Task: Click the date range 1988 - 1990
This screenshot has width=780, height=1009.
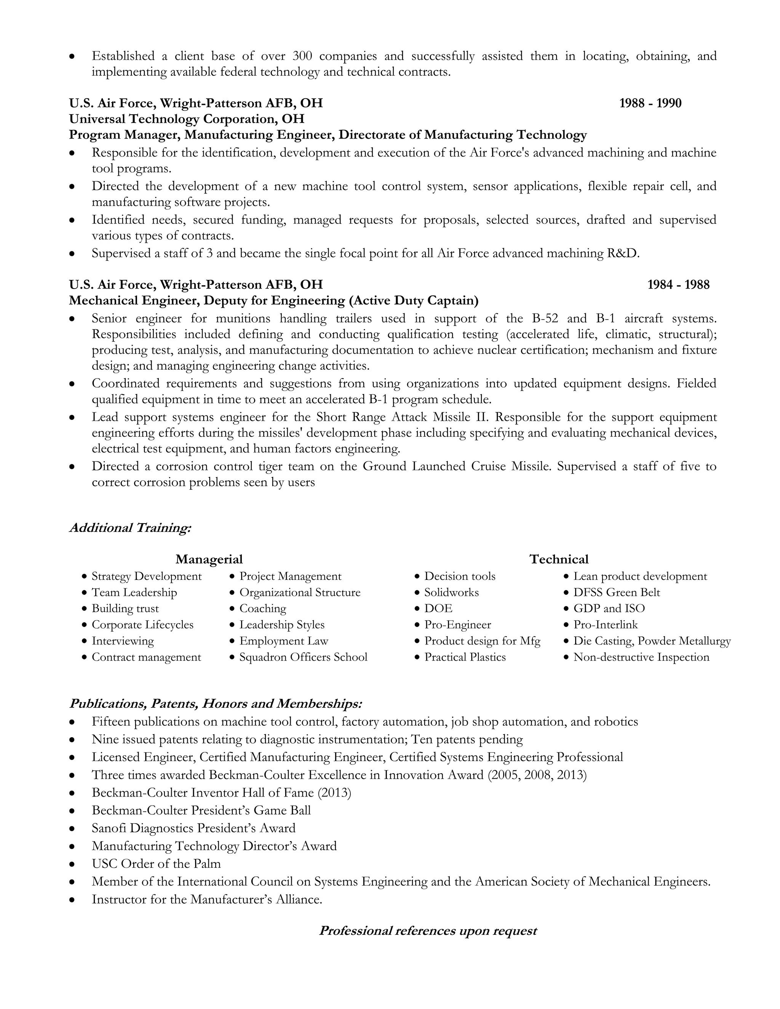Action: point(650,103)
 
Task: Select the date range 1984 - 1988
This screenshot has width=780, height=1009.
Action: point(678,284)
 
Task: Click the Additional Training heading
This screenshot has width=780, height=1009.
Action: point(130,528)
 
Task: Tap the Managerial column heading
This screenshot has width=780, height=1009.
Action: point(209,559)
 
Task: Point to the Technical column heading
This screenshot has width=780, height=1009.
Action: point(559,559)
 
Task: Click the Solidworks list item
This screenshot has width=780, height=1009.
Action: point(451,592)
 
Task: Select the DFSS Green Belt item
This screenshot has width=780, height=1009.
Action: point(617,592)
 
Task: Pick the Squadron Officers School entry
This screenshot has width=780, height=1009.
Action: point(303,657)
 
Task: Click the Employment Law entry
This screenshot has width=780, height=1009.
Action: point(283,641)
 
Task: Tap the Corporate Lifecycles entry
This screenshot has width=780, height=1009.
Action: point(142,624)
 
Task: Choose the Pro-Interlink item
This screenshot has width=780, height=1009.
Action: point(605,624)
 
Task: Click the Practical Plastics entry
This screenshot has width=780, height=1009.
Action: point(465,657)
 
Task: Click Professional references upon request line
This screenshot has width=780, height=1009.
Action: point(428,931)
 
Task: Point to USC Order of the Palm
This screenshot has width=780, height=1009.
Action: point(156,864)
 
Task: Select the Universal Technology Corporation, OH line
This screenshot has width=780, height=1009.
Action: point(187,119)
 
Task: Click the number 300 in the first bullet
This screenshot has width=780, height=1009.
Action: point(302,56)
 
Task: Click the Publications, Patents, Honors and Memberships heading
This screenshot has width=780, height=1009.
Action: point(215,704)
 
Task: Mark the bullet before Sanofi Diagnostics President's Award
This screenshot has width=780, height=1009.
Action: point(72,829)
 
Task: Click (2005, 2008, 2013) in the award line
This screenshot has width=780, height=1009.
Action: point(537,775)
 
